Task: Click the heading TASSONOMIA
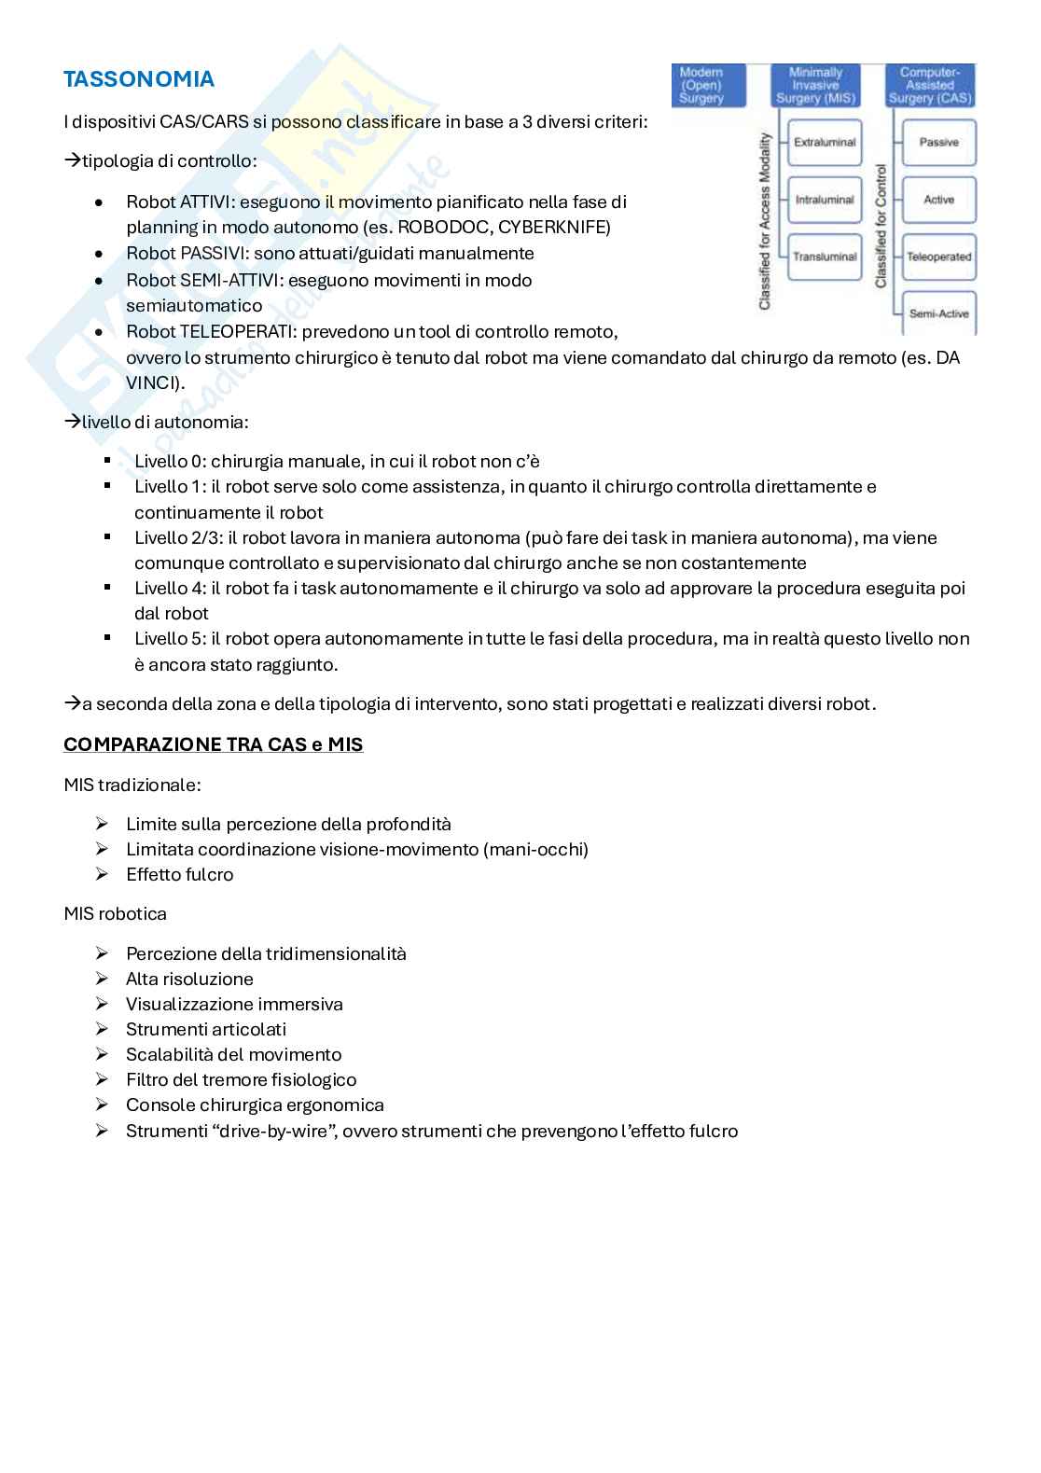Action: tap(139, 79)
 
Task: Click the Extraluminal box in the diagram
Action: tap(824, 143)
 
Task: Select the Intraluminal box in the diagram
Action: tap(824, 200)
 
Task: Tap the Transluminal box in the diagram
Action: tap(824, 257)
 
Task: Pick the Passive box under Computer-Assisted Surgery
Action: tap(938, 143)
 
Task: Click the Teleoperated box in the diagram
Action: tap(938, 257)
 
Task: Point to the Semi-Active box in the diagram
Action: tap(938, 313)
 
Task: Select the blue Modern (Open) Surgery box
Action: tap(709, 85)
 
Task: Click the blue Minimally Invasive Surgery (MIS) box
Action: tap(816, 85)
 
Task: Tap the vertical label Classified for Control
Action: tap(881, 227)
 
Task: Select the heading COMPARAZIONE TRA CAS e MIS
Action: tap(213, 744)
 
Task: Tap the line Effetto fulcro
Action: tap(179, 874)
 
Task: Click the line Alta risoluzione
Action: tap(189, 979)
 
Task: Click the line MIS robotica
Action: tap(115, 913)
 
